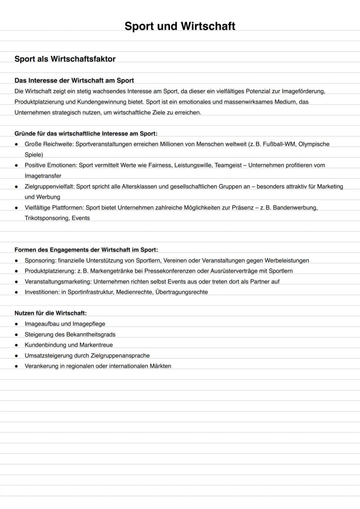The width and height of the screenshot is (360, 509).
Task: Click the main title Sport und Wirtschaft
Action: click(x=180, y=26)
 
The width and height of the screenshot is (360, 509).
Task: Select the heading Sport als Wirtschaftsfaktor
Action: click(x=65, y=59)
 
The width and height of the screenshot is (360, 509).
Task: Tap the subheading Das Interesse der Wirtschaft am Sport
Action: click(x=74, y=80)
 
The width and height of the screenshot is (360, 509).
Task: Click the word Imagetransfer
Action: click(x=43, y=176)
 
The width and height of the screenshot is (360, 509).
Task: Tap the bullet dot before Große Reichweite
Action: click(x=17, y=144)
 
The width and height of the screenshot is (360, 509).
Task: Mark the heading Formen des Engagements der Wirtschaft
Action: click(x=86, y=250)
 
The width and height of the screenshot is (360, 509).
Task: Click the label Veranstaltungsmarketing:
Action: click(x=58, y=282)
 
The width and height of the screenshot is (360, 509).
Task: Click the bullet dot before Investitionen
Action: click(x=17, y=292)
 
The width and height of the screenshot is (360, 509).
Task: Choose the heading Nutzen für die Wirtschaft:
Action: click(x=50, y=313)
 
